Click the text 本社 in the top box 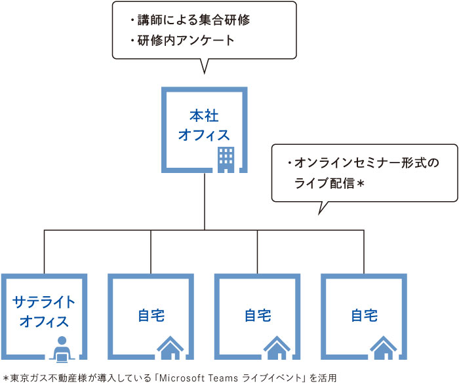[x=204, y=116]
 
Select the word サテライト [x=44, y=301]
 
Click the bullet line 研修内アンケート [x=185, y=41]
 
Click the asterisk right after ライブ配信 [x=359, y=184]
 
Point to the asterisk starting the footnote [x=6, y=377]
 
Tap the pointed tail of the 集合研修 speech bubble [x=205, y=68]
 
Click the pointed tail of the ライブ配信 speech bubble [x=321, y=209]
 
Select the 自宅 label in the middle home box [x=258, y=316]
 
